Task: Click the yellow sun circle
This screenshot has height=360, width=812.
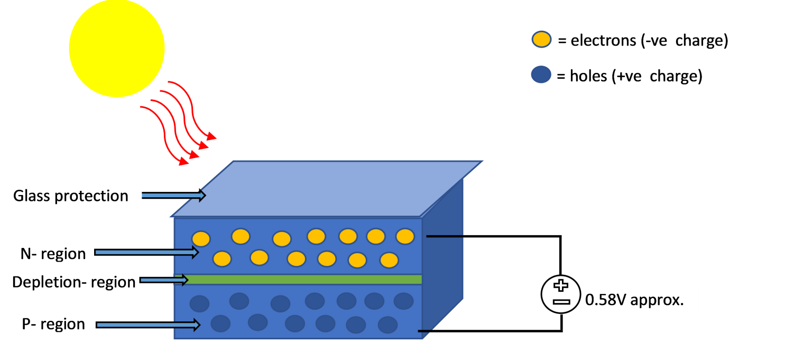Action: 117,49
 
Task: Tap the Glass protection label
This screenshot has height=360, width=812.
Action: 71,196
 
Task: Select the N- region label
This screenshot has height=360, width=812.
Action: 53,254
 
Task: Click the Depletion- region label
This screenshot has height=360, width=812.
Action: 74,282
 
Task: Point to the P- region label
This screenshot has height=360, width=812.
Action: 53,324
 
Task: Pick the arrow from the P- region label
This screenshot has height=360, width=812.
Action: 147,325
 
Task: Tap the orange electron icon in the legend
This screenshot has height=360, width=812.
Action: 541,40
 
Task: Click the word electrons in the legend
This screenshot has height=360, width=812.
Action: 603,41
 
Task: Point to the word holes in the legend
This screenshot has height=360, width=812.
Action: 587,76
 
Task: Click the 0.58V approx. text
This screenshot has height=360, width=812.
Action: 634,300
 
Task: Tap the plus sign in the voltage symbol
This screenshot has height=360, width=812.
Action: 561,286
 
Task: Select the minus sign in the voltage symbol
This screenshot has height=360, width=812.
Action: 561,301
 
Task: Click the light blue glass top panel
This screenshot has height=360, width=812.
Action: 328,188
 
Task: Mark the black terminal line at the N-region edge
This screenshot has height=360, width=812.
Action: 445,236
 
